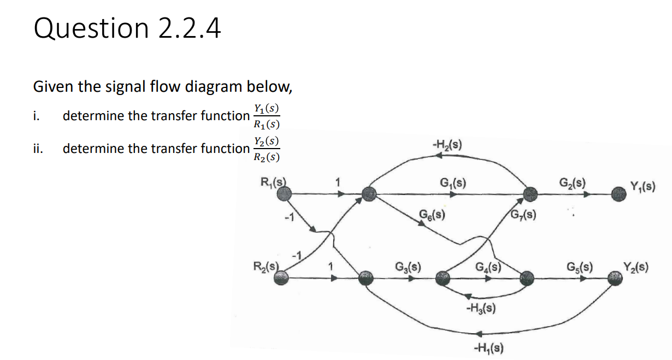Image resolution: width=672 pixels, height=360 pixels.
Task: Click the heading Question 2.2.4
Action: pyautogui.click(x=127, y=29)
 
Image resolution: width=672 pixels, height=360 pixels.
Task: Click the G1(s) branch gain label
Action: pyautogui.click(x=452, y=182)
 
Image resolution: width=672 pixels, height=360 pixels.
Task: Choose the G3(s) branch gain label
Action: pyautogui.click(x=407, y=268)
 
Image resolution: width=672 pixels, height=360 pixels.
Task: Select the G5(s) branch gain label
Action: pyautogui.click(x=580, y=268)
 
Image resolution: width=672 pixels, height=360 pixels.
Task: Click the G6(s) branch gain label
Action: pyautogui.click(x=431, y=214)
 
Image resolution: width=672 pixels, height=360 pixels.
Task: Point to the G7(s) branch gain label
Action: pyautogui.click(x=523, y=214)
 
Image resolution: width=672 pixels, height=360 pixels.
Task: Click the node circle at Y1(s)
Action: pyautogui.click(x=618, y=193)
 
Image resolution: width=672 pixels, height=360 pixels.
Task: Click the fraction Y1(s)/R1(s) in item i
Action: pyautogui.click(x=267, y=116)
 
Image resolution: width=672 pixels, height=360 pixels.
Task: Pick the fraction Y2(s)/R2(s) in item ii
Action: pyautogui.click(x=267, y=149)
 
